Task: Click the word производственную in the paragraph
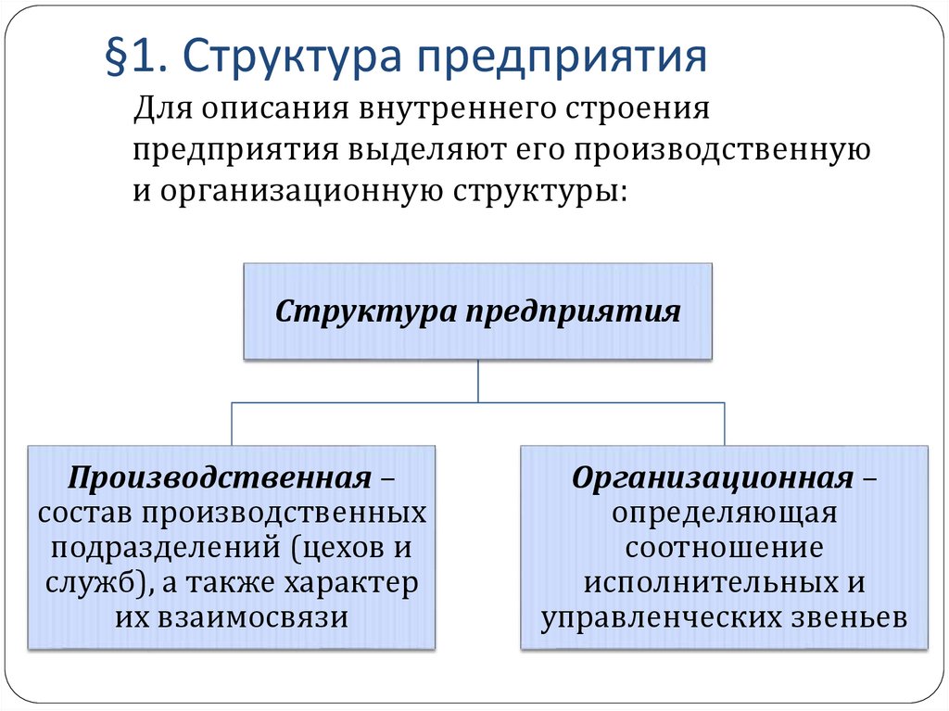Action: (x=707, y=151)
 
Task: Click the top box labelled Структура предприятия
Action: (x=477, y=311)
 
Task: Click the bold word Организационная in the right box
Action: (x=712, y=478)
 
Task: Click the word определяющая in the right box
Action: (x=724, y=513)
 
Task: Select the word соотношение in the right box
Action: (x=724, y=547)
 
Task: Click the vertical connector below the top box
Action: (x=477, y=381)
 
